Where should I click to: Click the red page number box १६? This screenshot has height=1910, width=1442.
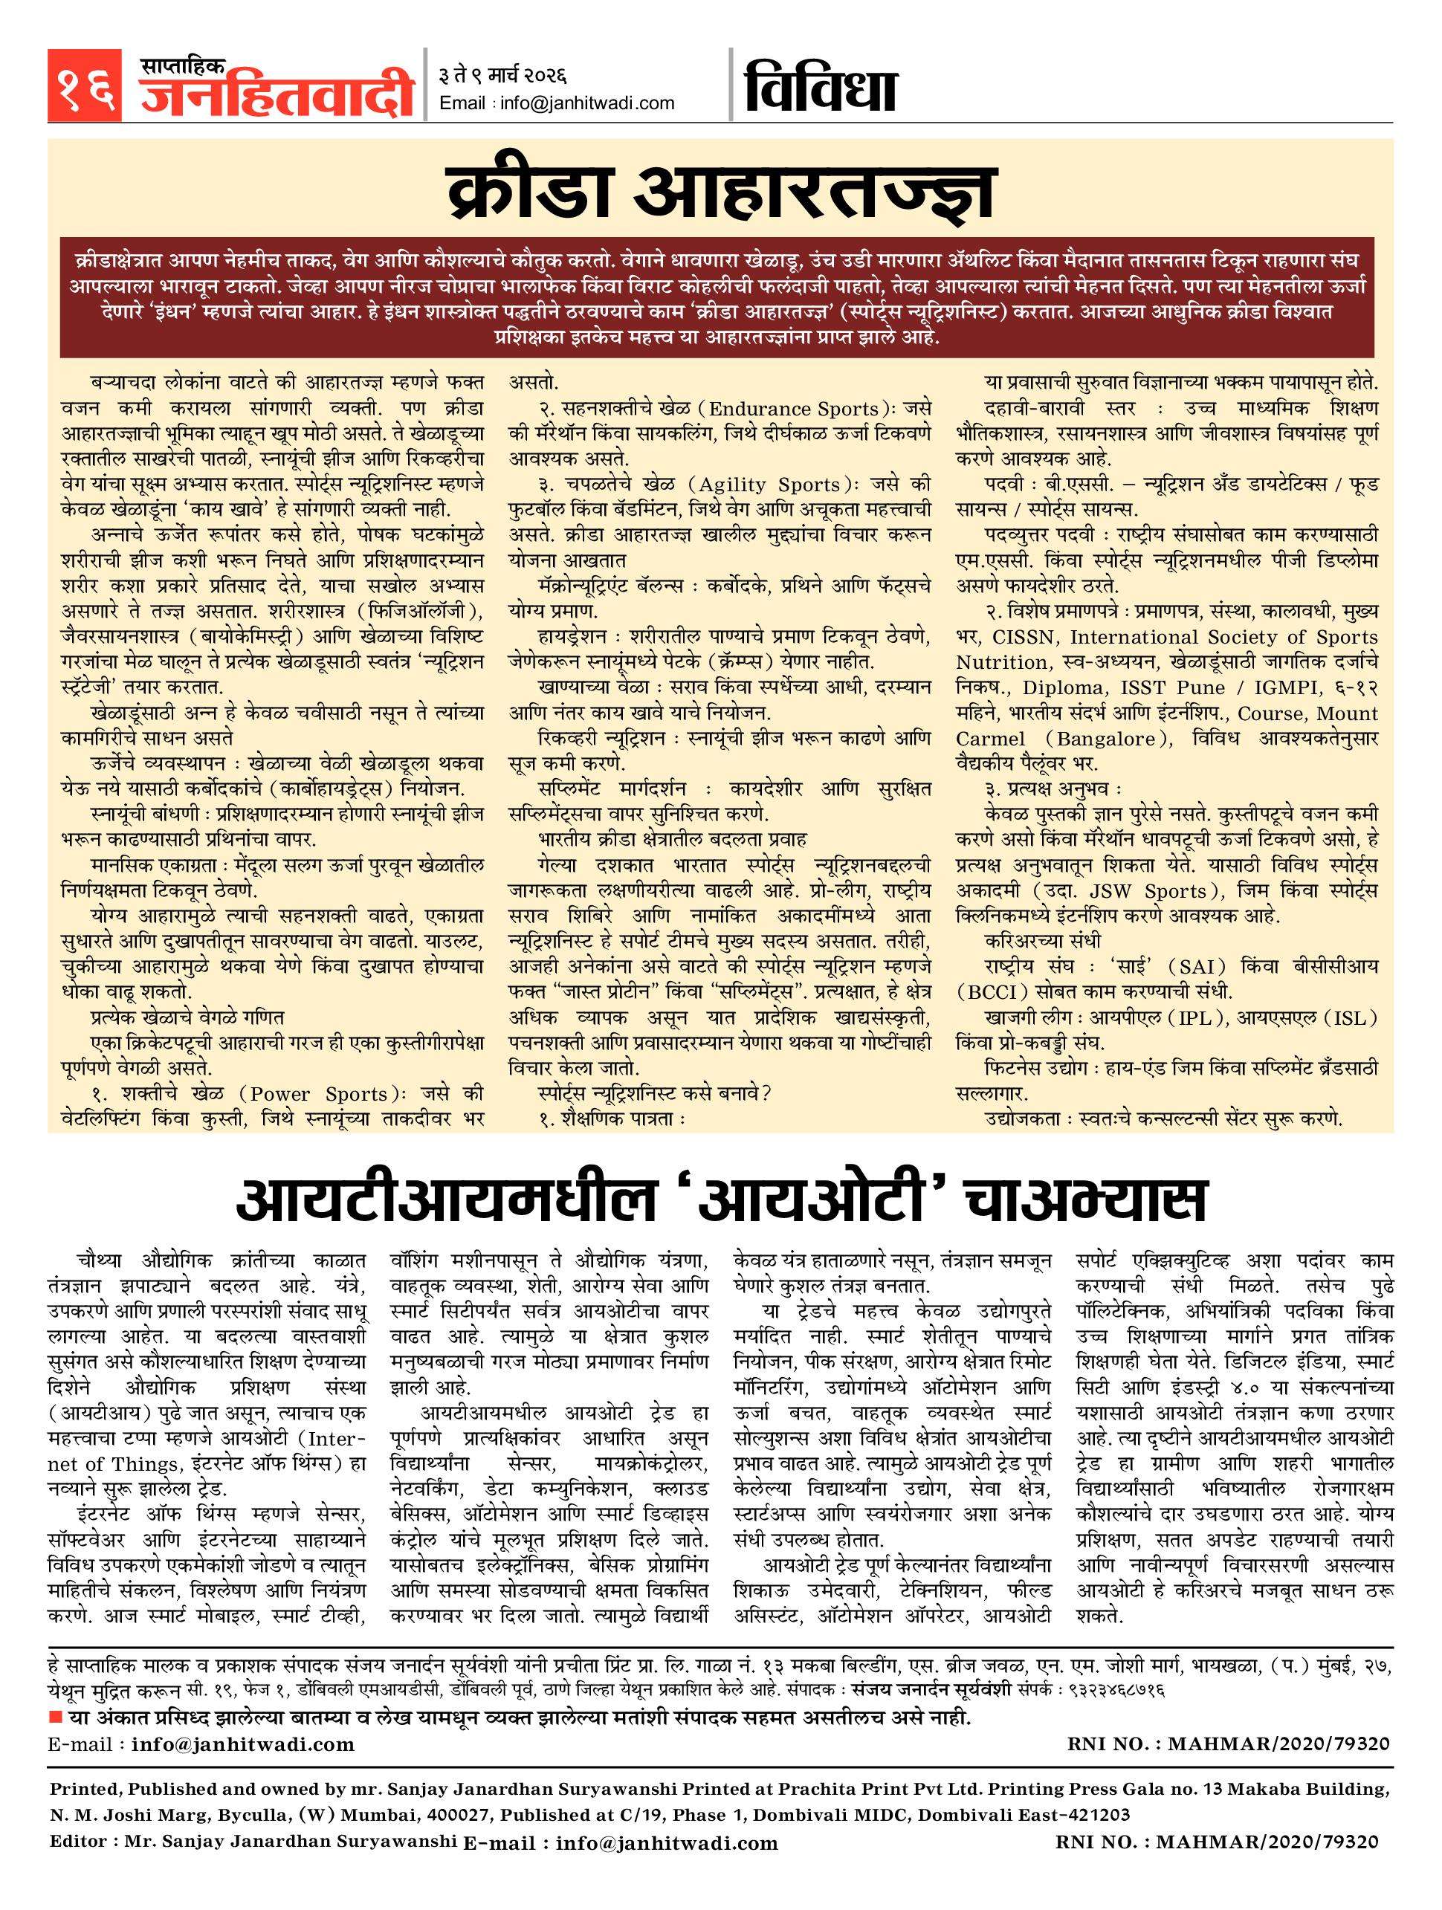(x=85, y=86)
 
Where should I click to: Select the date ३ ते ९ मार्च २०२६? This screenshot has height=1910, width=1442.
(x=502, y=77)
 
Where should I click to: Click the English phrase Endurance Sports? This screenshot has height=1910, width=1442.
(x=795, y=409)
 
